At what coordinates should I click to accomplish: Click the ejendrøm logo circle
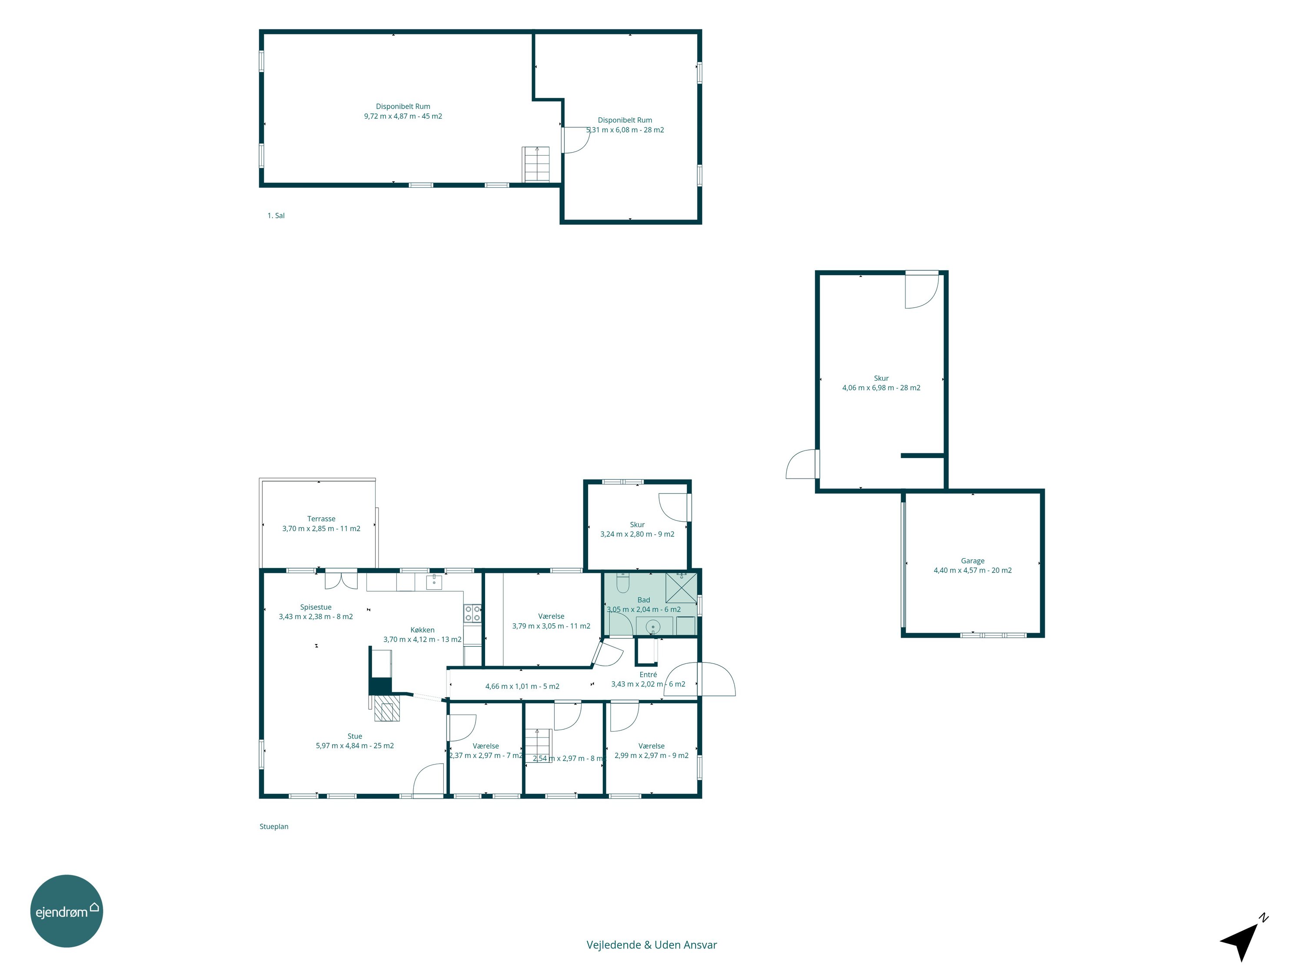(x=67, y=911)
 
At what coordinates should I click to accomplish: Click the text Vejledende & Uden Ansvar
(x=652, y=945)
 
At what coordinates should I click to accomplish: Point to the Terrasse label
(x=321, y=519)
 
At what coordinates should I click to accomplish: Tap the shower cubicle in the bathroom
(x=681, y=587)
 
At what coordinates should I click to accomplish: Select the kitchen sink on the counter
(x=434, y=582)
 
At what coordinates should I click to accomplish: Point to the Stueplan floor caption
(x=274, y=826)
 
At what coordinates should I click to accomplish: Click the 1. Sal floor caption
(x=276, y=216)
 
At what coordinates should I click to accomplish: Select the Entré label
(x=648, y=675)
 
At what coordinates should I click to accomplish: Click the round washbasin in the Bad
(x=652, y=626)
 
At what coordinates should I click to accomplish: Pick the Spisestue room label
(x=316, y=607)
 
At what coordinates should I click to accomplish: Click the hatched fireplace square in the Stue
(x=387, y=712)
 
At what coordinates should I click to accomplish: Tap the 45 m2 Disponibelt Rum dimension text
(x=403, y=116)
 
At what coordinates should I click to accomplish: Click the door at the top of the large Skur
(x=922, y=289)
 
